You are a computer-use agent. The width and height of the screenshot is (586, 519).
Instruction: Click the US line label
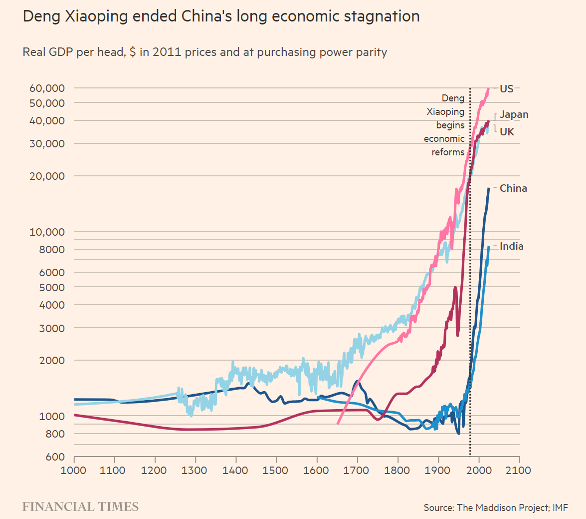506,89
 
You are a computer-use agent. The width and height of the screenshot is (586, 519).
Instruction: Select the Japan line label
514,115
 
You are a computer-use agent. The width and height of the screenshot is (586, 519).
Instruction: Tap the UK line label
507,132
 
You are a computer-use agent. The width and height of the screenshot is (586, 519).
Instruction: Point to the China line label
513,188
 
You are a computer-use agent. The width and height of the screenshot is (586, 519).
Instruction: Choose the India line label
512,246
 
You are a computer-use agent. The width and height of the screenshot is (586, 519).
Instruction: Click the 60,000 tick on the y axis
47,88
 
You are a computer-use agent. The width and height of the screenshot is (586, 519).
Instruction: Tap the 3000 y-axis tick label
52,328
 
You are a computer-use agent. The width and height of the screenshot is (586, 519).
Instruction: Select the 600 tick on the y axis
56,457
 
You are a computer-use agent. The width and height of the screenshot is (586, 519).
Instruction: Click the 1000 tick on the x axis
74,470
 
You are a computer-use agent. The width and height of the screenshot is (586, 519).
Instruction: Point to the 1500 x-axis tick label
276,470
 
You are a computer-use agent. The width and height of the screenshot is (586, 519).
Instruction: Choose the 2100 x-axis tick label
519,470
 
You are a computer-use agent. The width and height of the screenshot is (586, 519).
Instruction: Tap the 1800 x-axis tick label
397,470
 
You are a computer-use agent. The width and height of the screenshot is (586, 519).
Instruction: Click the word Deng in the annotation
453,99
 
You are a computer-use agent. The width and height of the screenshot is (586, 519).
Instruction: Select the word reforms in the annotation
448,152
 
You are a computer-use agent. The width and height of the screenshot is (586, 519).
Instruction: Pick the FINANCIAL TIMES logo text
80,507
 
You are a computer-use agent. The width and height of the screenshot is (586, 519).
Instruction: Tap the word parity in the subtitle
371,52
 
